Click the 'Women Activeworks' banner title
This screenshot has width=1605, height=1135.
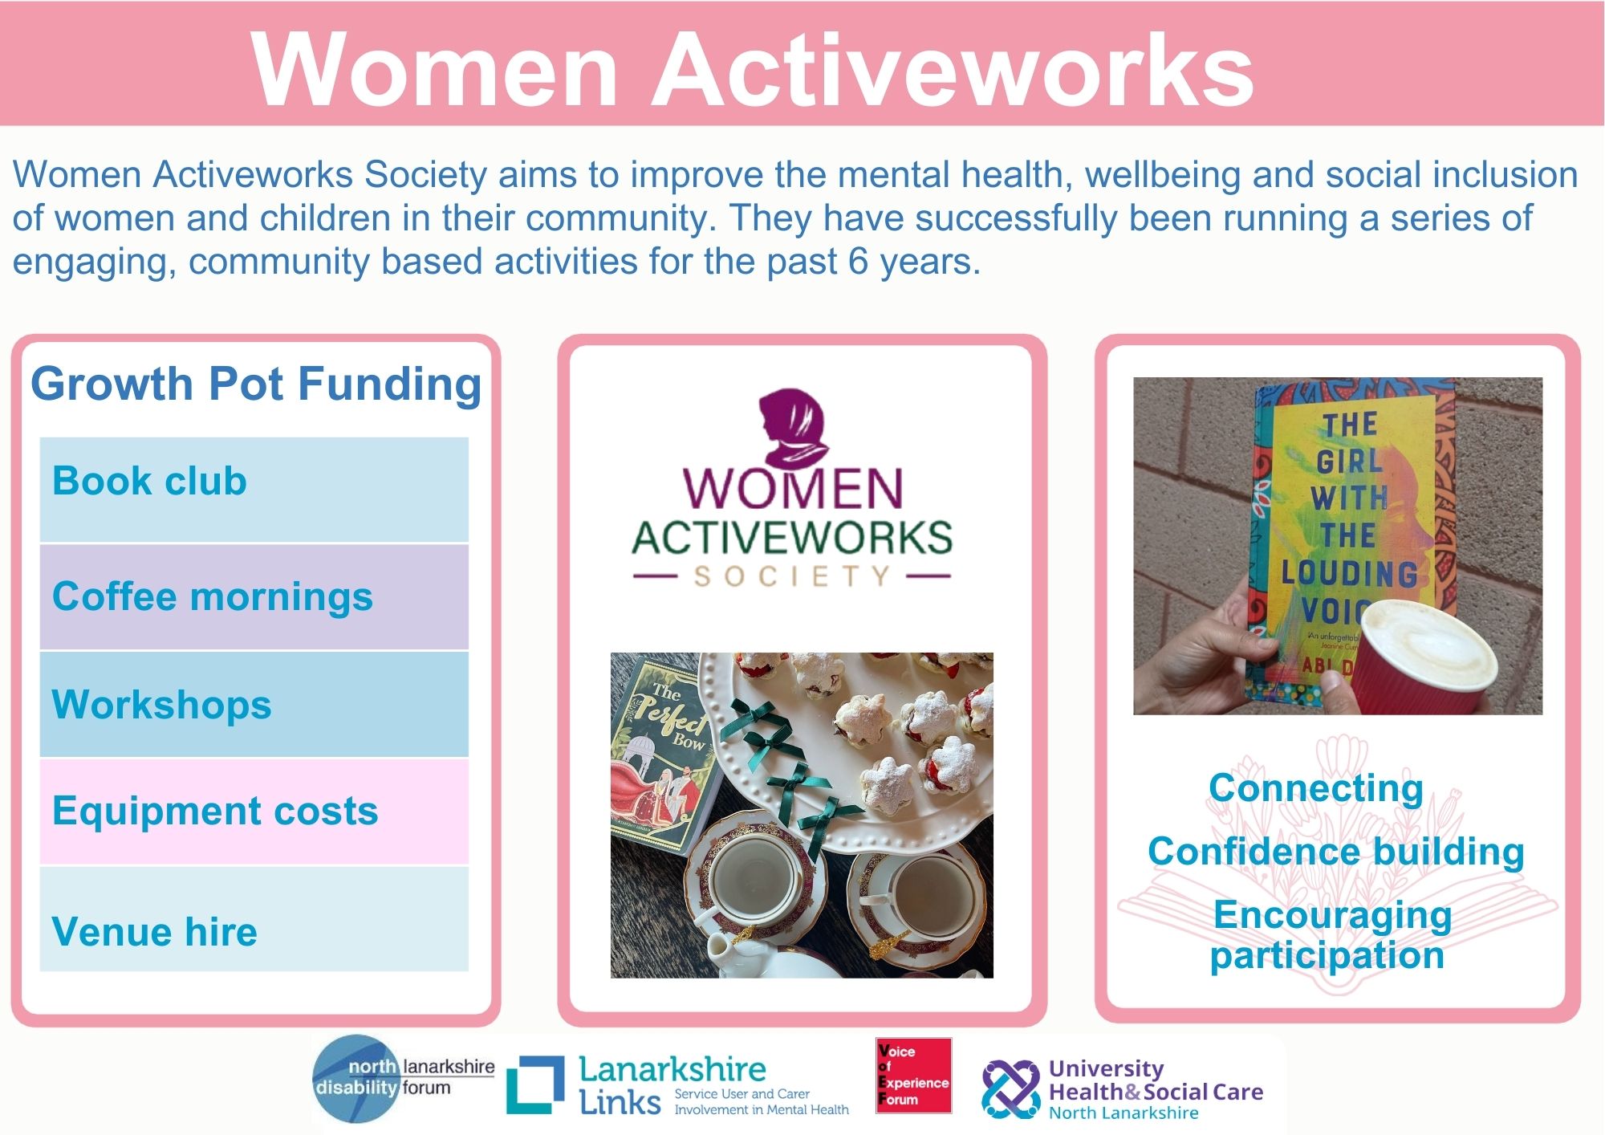tap(752, 69)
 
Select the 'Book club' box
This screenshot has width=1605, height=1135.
tap(254, 490)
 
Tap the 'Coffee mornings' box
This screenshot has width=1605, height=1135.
tap(254, 596)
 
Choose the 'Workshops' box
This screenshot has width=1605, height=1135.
tap(254, 704)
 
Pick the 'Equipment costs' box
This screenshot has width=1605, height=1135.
tap(254, 812)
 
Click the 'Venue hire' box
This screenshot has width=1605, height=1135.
tap(254, 919)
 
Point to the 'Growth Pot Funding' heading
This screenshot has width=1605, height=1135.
tap(256, 384)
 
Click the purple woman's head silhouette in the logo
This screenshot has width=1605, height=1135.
tap(793, 428)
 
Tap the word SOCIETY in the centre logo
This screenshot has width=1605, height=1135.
tap(792, 576)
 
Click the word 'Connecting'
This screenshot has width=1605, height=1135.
tap(1316, 788)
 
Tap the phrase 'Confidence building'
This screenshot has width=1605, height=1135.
tap(1336, 852)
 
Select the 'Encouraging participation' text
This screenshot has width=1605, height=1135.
tap(1331, 935)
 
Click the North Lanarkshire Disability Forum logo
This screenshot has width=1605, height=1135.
tap(403, 1078)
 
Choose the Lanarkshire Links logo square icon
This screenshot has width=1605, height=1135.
tap(535, 1084)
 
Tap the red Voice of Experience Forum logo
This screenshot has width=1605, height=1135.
tap(914, 1076)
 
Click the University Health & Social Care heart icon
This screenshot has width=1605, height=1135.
tap(1010, 1089)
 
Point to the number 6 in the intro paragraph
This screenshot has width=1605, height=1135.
tap(859, 262)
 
